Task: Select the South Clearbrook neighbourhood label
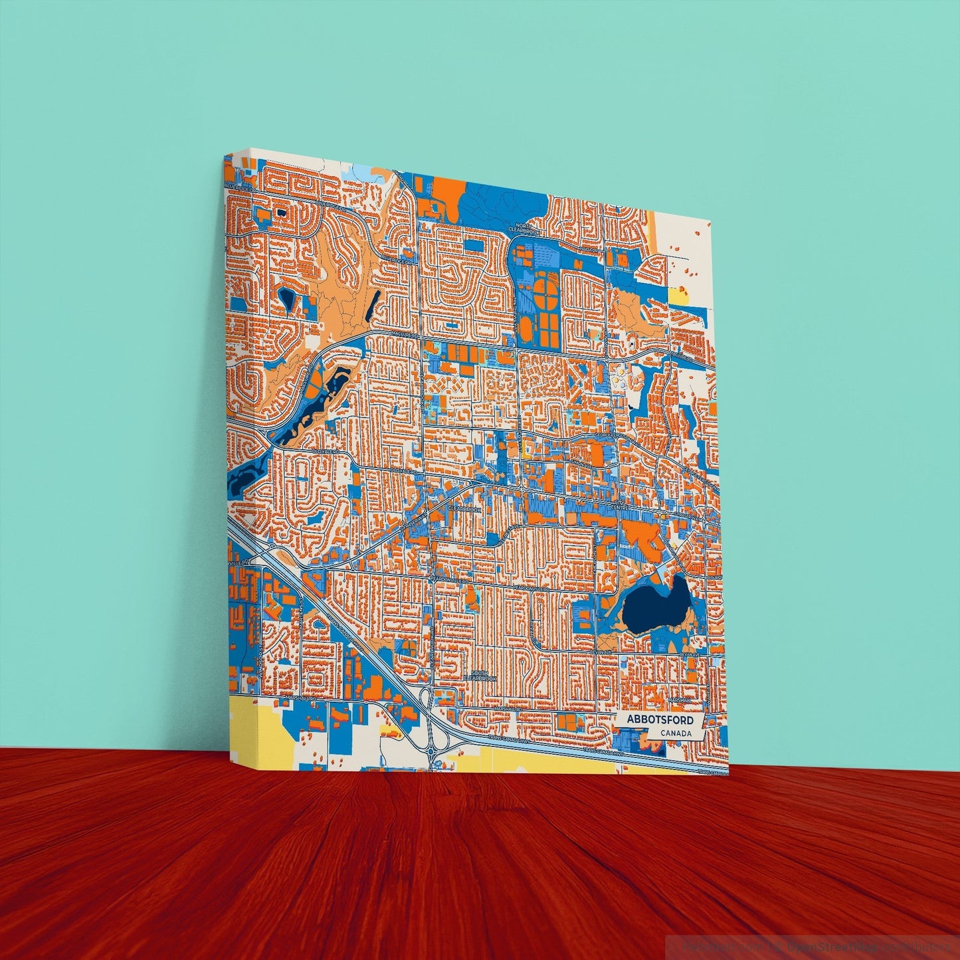[480, 675]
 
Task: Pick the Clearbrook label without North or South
[463, 508]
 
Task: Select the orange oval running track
[526, 328]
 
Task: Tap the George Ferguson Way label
[608, 436]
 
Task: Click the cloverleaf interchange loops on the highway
[433, 737]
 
